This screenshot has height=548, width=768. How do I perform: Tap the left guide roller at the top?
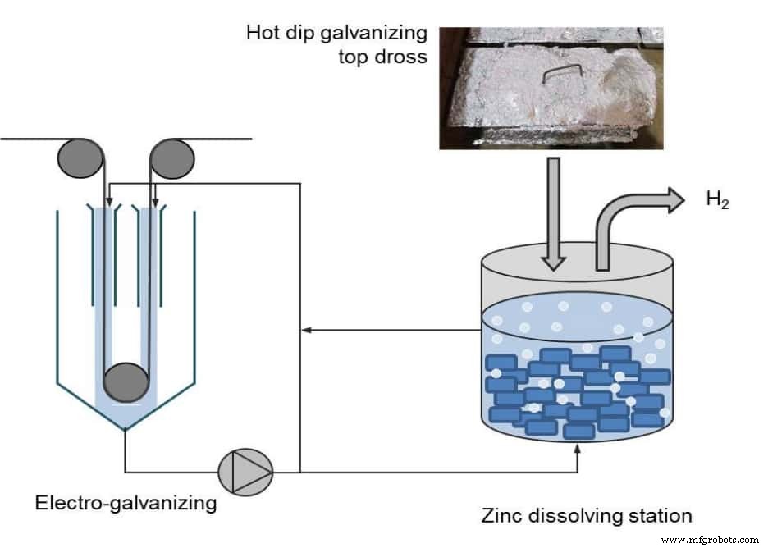tap(79, 158)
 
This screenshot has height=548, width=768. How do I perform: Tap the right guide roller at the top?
tap(172, 158)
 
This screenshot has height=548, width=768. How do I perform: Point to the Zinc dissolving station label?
tap(586, 515)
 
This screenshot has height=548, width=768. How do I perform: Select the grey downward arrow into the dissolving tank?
tap(552, 213)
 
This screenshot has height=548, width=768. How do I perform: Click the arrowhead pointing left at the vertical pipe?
tap(306, 331)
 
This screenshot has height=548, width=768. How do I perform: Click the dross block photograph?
tap(551, 88)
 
